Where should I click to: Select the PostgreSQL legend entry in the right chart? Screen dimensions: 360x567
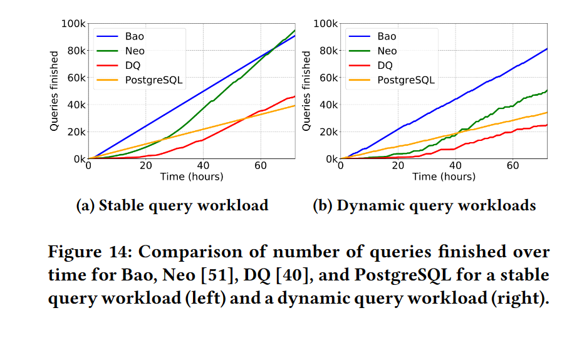pyautogui.click(x=405, y=80)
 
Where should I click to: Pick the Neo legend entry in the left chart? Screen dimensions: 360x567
pyautogui.click(x=134, y=51)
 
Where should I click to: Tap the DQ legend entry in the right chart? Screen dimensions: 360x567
pyautogui.click(x=385, y=65)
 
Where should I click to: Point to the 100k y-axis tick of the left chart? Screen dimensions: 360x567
pyautogui.click(x=73, y=24)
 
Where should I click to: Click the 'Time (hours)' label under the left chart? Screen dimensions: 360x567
pyautogui.click(x=191, y=177)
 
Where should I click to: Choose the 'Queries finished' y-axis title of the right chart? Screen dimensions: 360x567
pyautogui.click(x=306, y=91)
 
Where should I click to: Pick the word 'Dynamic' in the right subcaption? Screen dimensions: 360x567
pyautogui.click(x=367, y=205)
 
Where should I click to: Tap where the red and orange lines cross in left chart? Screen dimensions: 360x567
pyautogui.click(x=244, y=118)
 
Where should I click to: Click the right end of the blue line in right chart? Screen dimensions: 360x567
pyautogui.click(x=547, y=49)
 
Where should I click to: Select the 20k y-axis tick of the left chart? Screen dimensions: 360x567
pyautogui.click(x=76, y=132)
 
